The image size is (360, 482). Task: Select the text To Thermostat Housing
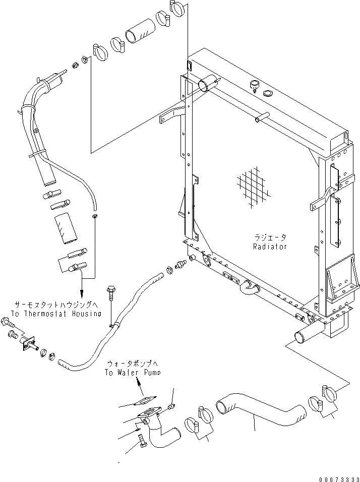point(55,313)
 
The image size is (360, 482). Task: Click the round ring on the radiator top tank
point(268,93)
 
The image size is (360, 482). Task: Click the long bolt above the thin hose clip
point(111,301)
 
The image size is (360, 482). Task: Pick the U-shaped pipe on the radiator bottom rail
point(248,288)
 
